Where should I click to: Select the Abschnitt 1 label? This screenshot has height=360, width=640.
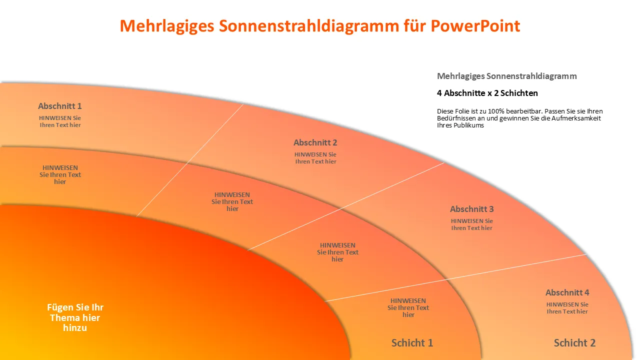[x=59, y=106]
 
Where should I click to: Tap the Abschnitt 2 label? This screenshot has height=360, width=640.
[x=315, y=142]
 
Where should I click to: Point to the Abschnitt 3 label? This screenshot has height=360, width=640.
[x=471, y=209]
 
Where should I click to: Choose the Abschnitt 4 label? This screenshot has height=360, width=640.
[x=567, y=292]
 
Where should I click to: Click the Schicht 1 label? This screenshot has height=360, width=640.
[x=412, y=343]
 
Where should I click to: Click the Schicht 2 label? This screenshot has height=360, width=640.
[x=574, y=343]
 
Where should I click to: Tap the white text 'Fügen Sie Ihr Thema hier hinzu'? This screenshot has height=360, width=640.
[x=75, y=317]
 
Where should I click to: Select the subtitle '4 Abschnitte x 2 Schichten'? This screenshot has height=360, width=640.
[x=487, y=93]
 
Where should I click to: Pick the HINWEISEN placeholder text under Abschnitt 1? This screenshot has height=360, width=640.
[x=60, y=121]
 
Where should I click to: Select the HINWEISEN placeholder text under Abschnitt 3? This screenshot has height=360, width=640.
[x=471, y=224]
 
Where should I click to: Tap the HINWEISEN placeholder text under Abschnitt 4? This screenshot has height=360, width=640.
[x=567, y=308]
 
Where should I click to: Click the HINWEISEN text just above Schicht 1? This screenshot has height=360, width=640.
[x=408, y=307]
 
